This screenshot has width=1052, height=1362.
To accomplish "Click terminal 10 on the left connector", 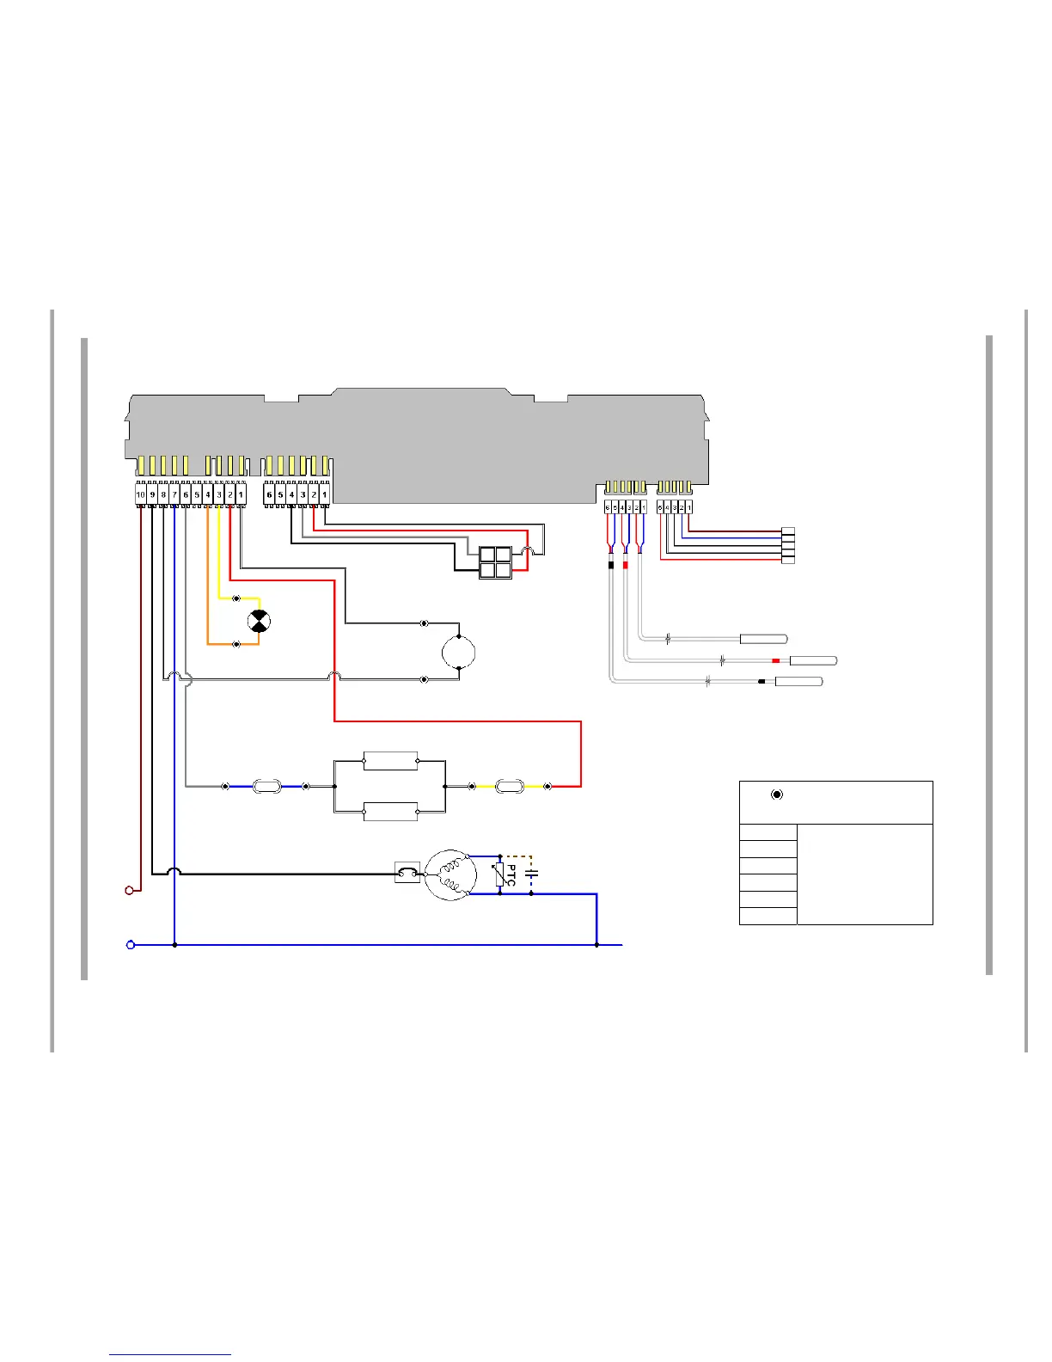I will click(x=140, y=495).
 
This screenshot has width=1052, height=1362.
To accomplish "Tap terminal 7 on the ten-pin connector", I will click(x=174, y=495).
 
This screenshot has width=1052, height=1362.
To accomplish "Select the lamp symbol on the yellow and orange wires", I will click(x=259, y=622).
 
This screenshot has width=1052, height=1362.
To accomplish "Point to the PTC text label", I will click(x=511, y=876).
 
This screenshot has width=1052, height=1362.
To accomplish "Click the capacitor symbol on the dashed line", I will click(x=531, y=874).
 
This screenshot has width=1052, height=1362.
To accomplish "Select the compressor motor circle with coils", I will click(x=450, y=875).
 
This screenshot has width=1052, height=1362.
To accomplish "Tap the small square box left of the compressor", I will click(x=407, y=873).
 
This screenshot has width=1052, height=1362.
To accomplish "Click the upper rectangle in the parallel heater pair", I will click(x=391, y=760).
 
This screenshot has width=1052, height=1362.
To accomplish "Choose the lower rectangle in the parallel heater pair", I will click(x=391, y=811).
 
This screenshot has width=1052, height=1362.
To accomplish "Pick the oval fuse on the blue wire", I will click(x=266, y=786).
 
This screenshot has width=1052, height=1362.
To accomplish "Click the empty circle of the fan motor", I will click(x=459, y=653).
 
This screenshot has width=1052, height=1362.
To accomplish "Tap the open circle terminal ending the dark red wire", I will click(x=130, y=891).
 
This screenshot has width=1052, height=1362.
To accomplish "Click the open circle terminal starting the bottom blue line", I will click(x=131, y=945).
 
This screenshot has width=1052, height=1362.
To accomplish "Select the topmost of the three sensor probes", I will click(x=764, y=639).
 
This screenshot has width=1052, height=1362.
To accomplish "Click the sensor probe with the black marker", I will click(x=799, y=682).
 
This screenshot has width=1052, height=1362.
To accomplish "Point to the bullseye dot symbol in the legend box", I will click(x=777, y=794).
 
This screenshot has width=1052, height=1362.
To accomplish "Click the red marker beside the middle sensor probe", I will click(x=775, y=660).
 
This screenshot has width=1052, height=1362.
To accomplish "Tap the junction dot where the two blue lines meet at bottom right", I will click(x=596, y=945).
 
